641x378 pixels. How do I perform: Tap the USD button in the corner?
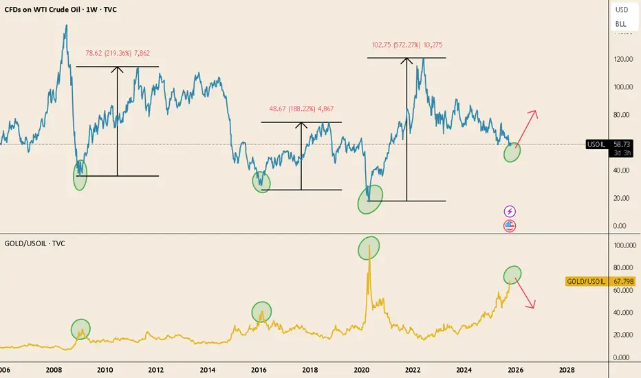click(x=621, y=10)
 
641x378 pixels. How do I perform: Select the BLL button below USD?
click(x=621, y=24)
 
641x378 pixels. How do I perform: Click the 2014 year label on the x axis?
click(x=207, y=369)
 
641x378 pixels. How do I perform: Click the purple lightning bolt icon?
click(x=510, y=211)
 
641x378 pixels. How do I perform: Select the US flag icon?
click(x=510, y=225)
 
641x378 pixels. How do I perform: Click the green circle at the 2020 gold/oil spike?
click(x=369, y=247)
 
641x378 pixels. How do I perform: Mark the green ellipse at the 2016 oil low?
click(x=261, y=181)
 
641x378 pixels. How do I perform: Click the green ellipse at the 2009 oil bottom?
click(x=80, y=177)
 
